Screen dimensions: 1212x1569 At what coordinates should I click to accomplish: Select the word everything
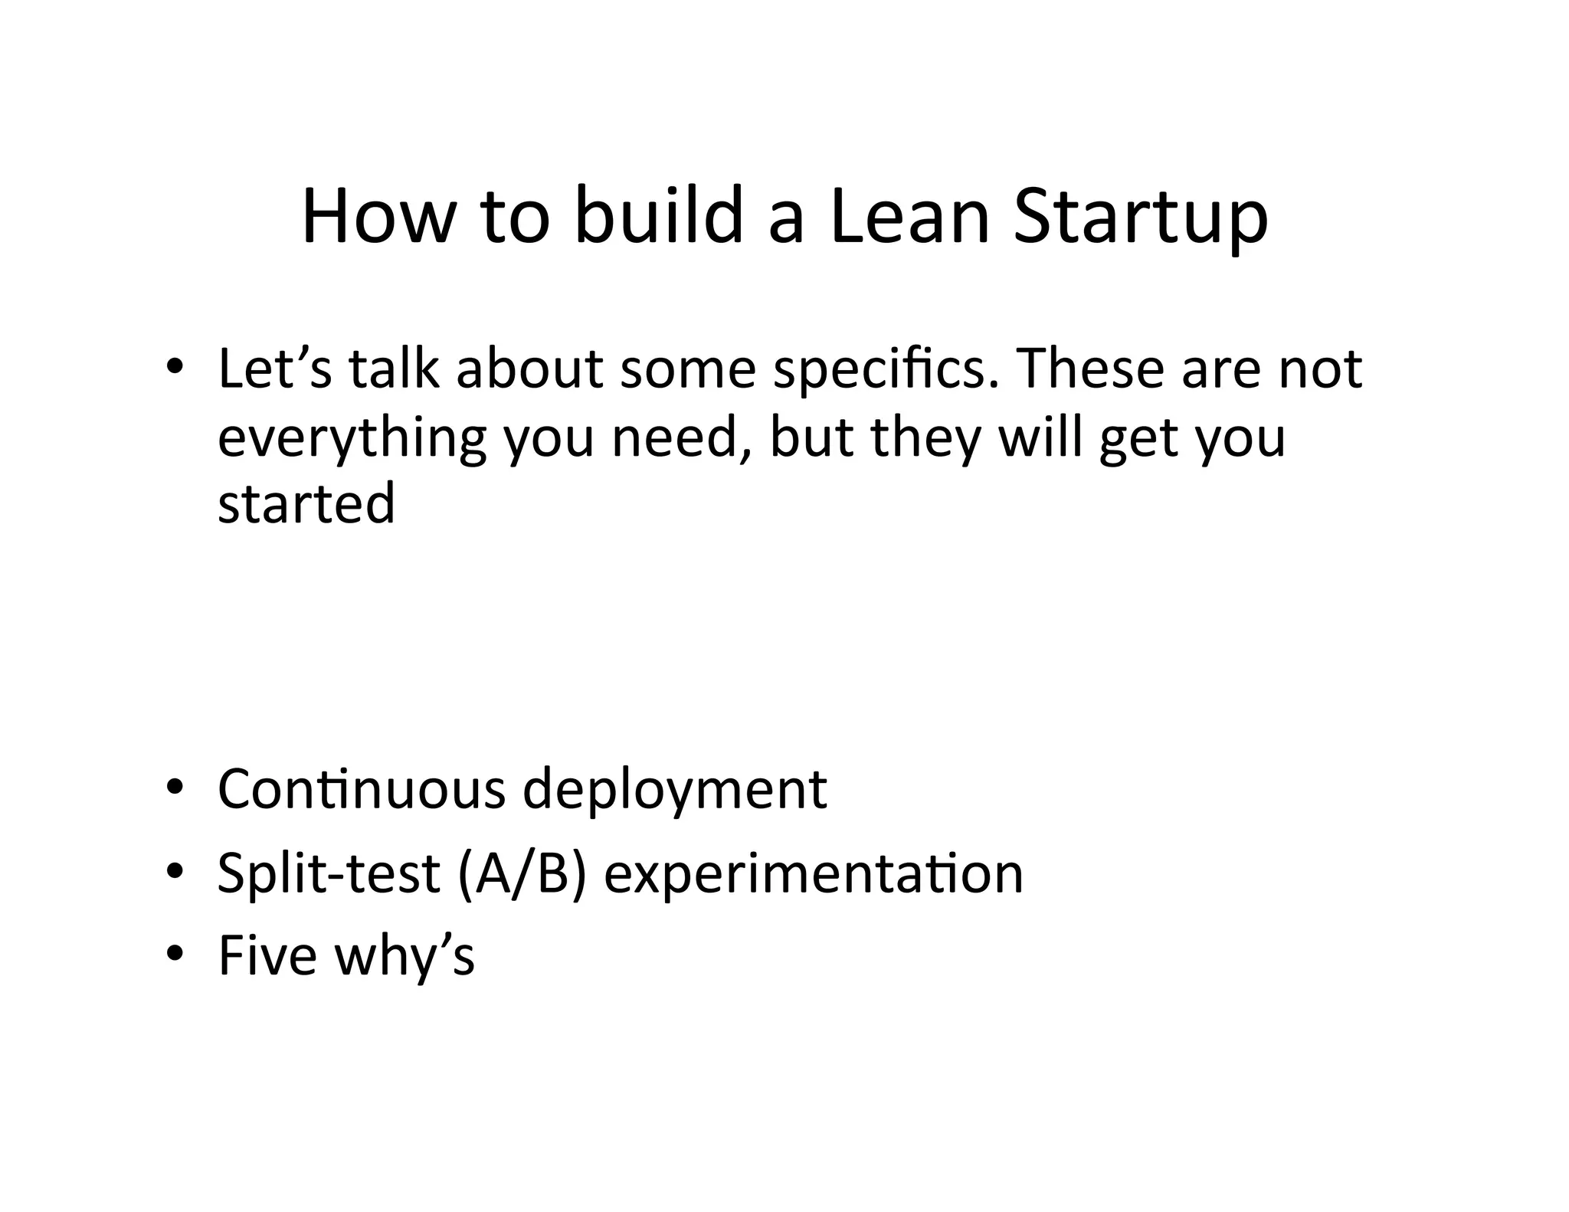point(352,438)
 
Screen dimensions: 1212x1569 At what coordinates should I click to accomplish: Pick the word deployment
point(674,791)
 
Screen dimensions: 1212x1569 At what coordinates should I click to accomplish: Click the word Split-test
point(329,873)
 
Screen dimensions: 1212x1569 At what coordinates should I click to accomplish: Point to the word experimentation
point(813,873)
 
